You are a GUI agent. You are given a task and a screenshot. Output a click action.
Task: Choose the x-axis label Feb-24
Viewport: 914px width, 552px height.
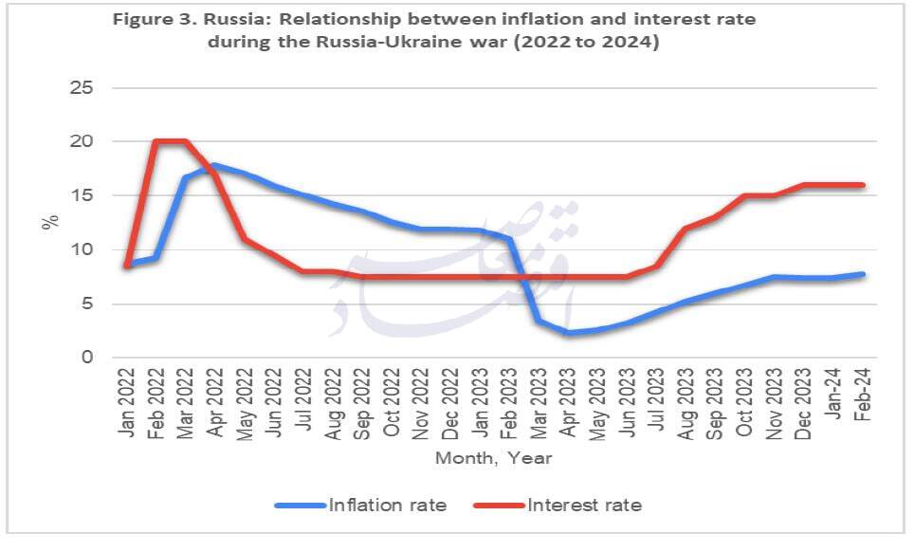tap(864, 398)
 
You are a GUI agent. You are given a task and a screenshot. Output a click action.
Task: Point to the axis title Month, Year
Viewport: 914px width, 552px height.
tap(493, 458)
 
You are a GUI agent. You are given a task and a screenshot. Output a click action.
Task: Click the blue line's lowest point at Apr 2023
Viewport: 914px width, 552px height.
tap(569, 333)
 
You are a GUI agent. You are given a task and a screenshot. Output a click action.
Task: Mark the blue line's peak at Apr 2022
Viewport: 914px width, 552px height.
tap(215, 166)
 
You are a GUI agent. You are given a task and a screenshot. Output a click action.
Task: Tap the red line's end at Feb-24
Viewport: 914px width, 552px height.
tap(863, 185)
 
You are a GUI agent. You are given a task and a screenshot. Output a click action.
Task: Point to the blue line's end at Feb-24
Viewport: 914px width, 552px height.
tap(863, 274)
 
